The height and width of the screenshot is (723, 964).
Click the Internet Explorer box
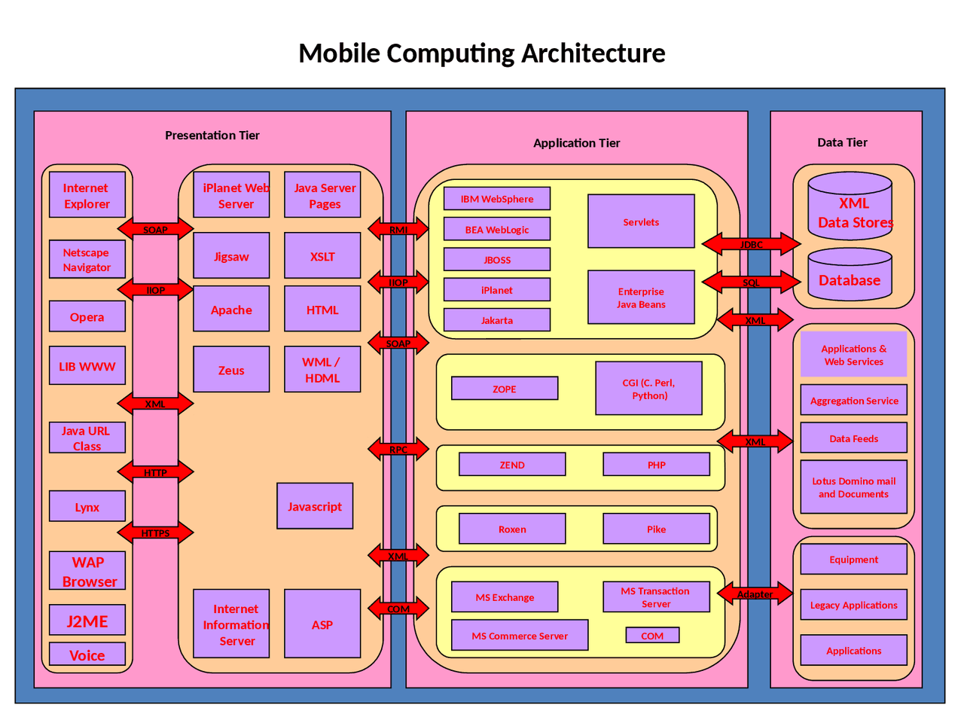pos(87,195)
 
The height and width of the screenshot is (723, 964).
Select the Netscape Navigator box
pos(87,259)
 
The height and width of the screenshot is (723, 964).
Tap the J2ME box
pos(87,621)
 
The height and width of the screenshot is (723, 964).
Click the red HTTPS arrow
pos(155,532)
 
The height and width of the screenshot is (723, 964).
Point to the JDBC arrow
pos(751,244)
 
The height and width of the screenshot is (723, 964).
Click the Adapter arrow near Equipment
pos(755,593)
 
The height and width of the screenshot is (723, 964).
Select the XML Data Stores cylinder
pos(850,207)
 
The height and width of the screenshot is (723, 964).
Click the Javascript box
pos(315,506)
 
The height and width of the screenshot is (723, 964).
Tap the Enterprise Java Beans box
pos(641,297)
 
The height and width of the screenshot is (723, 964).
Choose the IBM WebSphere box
pos(497,199)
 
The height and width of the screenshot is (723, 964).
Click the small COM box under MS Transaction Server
pos(652,636)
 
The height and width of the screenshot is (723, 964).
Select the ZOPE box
pos(505,389)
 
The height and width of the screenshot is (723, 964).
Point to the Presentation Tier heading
pos(212,136)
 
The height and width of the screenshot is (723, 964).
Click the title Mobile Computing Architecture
pos(482,53)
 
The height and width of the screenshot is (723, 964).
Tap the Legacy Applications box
pos(853,605)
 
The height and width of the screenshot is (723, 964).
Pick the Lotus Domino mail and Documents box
pos(853,487)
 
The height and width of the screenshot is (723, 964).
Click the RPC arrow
pos(398,450)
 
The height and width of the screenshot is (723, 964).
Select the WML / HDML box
pos(322,370)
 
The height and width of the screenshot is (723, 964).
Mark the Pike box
pos(656,529)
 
